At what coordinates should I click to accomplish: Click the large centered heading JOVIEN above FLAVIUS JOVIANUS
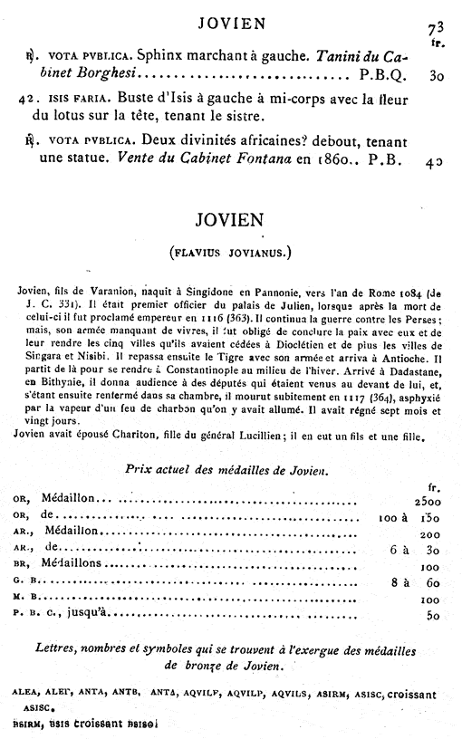point(235,222)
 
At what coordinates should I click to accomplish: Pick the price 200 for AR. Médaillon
point(429,534)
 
